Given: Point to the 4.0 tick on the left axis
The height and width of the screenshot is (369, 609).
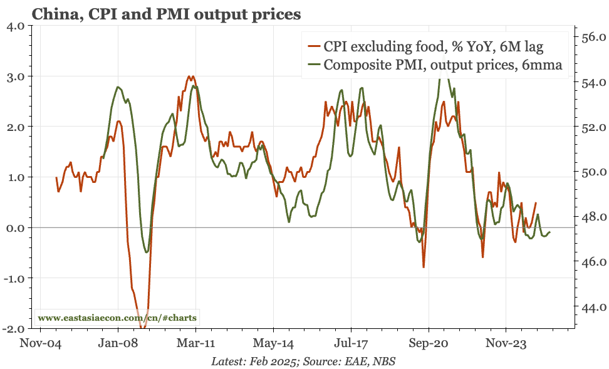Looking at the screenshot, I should [x=15, y=26].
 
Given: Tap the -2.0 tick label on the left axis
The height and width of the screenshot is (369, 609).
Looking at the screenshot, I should [x=14, y=328].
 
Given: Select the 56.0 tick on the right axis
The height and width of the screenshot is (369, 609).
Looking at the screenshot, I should [x=592, y=37].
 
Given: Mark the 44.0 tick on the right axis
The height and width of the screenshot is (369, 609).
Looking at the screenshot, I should [x=592, y=308].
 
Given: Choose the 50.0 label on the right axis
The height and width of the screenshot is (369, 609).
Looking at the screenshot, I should [x=592, y=172].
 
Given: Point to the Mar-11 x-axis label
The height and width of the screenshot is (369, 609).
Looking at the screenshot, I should [x=195, y=343].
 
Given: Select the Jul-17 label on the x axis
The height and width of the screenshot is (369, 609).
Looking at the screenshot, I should [x=350, y=343].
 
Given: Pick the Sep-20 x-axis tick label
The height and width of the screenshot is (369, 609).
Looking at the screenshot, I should [x=429, y=343].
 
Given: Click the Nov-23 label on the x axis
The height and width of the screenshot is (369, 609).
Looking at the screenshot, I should [x=506, y=343].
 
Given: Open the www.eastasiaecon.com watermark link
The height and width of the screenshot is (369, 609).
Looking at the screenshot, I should [x=117, y=318].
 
